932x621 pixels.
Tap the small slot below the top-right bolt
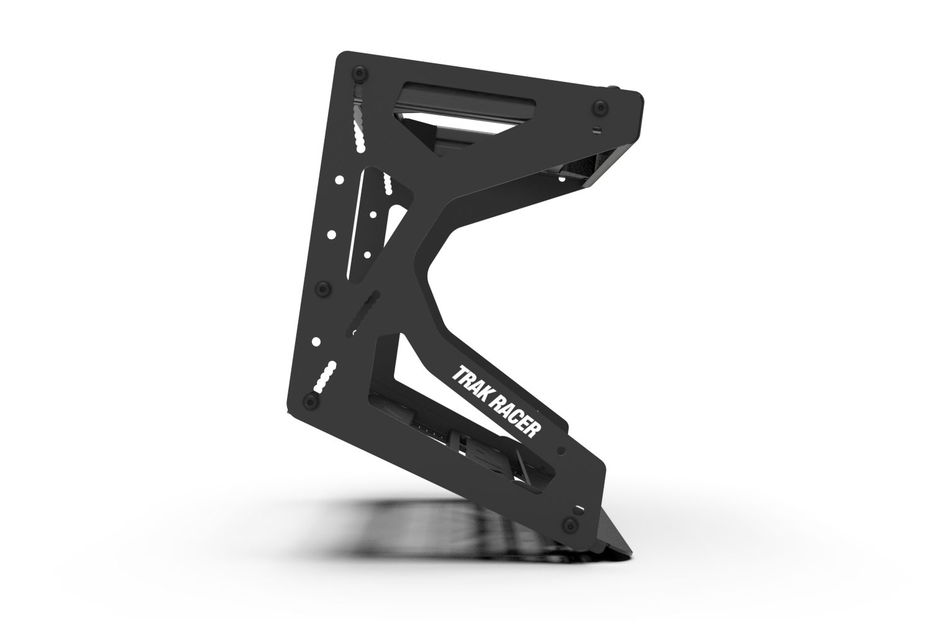pyautogui.click(x=597, y=129)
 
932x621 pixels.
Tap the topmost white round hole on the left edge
pyautogui.click(x=340, y=180)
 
